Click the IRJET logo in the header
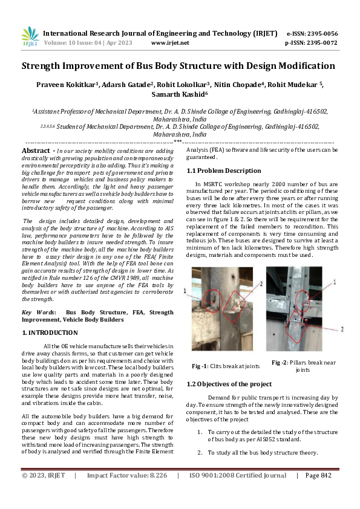point(30,37)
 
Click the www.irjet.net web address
point(170,43)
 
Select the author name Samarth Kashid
point(181,94)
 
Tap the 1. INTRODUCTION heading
point(50,332)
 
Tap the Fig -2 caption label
point(280,362)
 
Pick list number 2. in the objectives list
point(200,453)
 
